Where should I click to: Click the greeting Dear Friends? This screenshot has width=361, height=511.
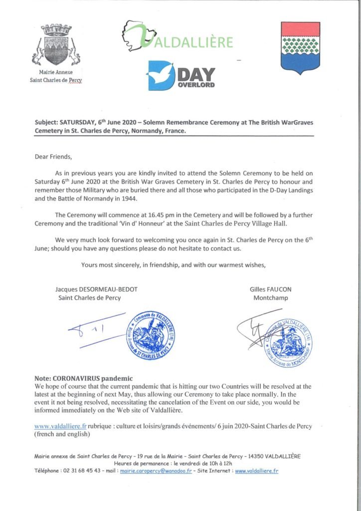point(53,157)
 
